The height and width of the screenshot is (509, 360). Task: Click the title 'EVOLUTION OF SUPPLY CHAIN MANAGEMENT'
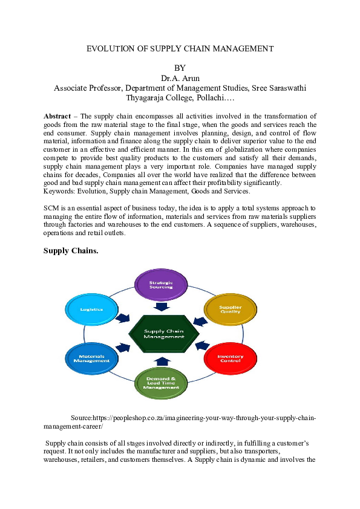180,48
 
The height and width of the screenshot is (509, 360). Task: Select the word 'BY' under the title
180,68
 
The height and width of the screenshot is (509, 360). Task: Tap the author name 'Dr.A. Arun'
180,78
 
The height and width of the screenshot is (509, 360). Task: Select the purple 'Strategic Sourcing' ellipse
161,284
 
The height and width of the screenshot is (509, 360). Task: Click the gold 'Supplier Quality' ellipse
230,309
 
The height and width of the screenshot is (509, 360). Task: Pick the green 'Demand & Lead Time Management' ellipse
161,382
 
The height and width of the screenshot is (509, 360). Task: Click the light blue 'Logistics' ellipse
91,309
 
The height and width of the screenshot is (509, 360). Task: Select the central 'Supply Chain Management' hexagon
163,334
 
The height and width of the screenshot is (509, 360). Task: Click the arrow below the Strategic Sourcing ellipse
162,306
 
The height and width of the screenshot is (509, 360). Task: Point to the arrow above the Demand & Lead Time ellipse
162,361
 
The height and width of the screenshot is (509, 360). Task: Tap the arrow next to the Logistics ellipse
123,318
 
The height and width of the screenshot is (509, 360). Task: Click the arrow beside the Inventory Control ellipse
201,348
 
